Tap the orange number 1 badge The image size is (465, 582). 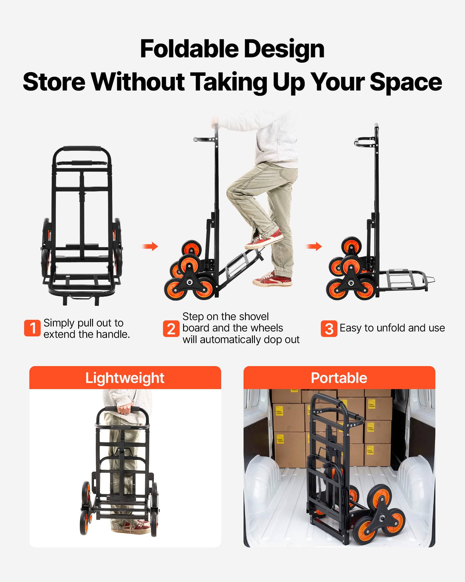click(x=32, y=328)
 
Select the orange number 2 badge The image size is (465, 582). click(x=171, y=329)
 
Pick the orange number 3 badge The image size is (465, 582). click(x=329, y=329)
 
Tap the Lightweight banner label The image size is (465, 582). click(x=125, y=378)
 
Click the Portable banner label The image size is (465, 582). click(x=339, y=378)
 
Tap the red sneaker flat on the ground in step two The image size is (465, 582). click(x=273, y=279)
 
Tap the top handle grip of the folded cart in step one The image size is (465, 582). click(x=82, y=148)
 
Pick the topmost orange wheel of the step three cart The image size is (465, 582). click(x=352, y=245)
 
